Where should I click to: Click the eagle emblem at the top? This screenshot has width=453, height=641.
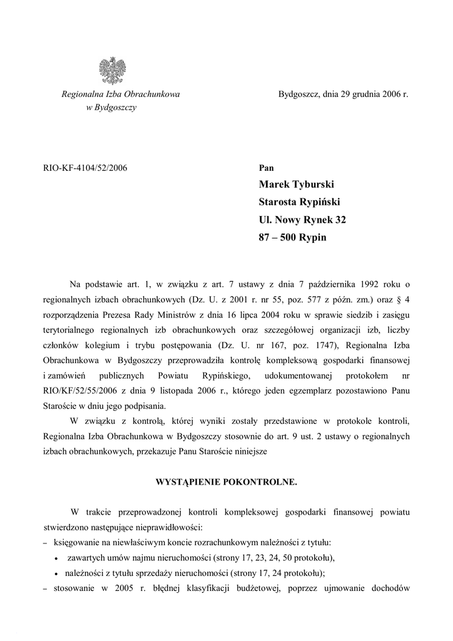113,70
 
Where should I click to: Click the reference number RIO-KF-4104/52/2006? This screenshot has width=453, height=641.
84,168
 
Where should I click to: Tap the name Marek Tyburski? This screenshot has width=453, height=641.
297,185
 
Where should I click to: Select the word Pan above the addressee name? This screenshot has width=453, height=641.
266,168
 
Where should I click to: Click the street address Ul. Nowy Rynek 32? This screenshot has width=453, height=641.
302,220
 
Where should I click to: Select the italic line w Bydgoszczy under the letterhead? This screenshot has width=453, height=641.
111,108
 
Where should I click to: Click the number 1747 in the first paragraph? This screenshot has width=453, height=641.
288,346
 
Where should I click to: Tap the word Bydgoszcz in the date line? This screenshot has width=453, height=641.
299,95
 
